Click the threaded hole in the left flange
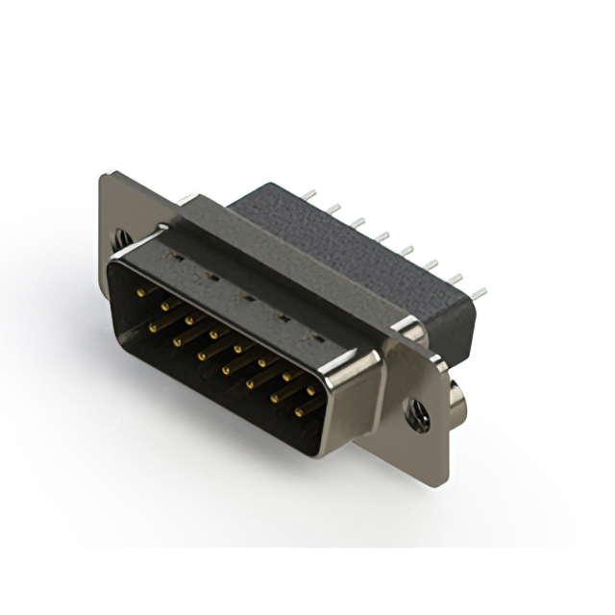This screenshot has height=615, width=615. tap(120, 234)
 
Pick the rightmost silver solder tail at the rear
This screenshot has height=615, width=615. tap(478, 292)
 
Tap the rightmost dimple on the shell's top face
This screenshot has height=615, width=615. tap(309, 339)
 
